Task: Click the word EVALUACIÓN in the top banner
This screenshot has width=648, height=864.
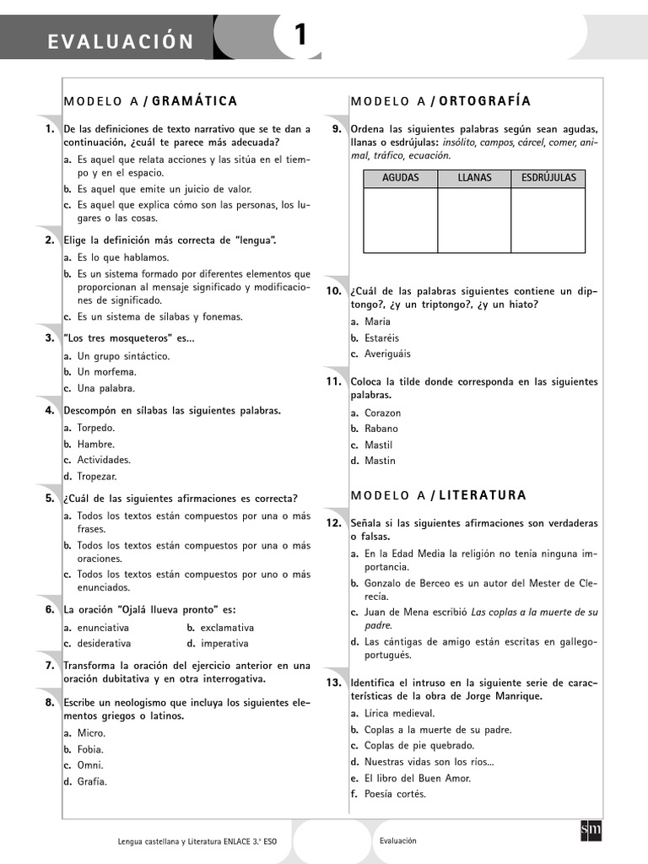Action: [121, 41]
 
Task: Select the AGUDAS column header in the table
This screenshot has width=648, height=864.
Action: [400, 178]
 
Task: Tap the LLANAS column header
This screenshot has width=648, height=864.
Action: [474, 178]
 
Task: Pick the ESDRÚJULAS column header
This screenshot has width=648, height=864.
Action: [548, 178]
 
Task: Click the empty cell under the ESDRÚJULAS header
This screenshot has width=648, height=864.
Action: [548, 219]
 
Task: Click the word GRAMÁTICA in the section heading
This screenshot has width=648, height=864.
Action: [194, 101]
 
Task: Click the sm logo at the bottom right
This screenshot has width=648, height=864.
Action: [591, 830]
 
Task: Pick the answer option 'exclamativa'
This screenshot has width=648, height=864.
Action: [226, 628]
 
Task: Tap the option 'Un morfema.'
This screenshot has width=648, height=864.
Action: [106, 371]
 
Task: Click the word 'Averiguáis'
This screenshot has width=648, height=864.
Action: [388, 354]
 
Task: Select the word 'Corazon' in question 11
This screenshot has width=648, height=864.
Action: [382, 413]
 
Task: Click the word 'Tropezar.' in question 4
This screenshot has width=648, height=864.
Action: [97, 476]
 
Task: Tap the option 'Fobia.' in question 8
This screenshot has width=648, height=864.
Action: [91, 748]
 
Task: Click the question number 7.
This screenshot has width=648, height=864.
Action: [50, 665]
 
